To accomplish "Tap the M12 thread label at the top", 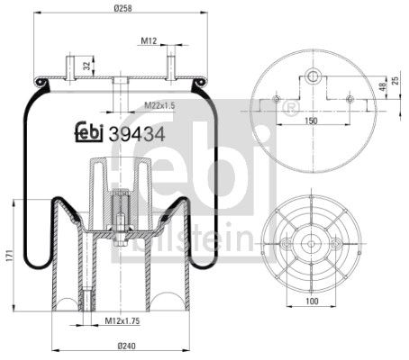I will point(149,40).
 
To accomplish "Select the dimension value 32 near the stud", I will point(86,66).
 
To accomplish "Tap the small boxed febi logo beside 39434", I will point(89,133).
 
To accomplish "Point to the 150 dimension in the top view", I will point(310,120).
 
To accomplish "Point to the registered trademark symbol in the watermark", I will point(290,109).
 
